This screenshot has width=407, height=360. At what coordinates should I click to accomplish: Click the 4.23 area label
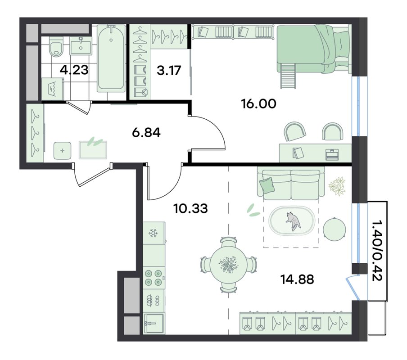pos(74,70)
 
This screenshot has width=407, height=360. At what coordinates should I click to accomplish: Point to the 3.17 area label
pos(169,70)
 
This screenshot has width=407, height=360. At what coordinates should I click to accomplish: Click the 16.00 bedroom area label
pos(258,104)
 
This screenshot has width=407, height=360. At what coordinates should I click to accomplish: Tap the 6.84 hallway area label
pos(146,133)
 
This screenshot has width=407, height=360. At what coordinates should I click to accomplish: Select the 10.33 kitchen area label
pos(190,208)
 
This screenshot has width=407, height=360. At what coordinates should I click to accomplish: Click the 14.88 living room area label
pos(297,279)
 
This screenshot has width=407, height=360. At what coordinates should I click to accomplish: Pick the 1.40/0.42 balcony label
pos(377,251)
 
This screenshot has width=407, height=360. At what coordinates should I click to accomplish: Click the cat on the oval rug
pos(293,220)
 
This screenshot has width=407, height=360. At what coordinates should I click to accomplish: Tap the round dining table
pos(228,265)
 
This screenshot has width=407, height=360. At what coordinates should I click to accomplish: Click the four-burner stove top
pos(154,278)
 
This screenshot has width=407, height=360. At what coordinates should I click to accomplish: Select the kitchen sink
pos(154,324)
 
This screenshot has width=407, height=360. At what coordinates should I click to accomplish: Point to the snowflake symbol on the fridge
pos(153,233)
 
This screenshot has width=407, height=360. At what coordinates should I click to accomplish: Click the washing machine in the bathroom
pos(53,89)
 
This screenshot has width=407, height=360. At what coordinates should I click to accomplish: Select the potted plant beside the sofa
pos(337,186)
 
